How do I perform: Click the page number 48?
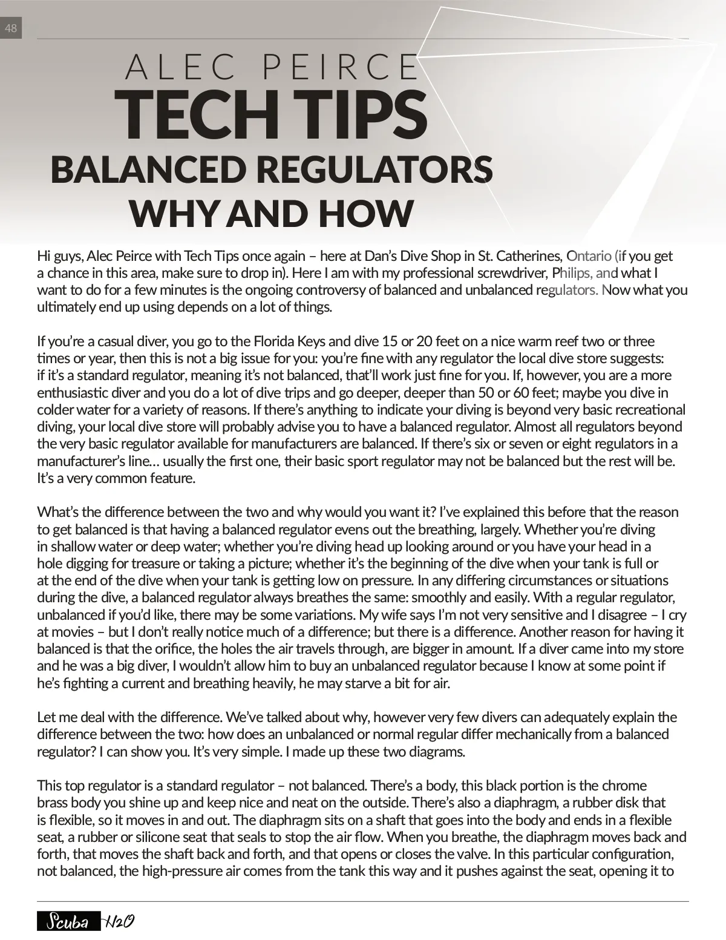[x=11, y=28]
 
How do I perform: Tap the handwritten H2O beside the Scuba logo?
[x=119, y=922]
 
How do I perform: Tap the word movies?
[x=70, y=632]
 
